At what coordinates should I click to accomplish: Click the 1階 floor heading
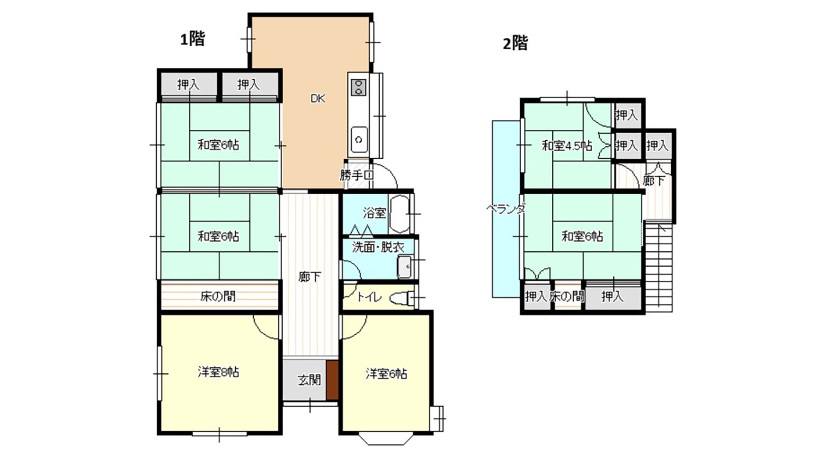tap(193, 39)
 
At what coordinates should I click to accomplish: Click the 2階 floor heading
tap(515, 44)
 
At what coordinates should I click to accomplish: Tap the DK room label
tap(318, 99)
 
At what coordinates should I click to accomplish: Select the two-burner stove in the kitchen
tap(358, 88)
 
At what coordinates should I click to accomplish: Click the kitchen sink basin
tap(359, 140)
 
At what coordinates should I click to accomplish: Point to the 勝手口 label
tap(357, 175)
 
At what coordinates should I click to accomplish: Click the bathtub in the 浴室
tap(399, 214)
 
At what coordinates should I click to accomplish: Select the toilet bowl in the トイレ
tap(402, 298)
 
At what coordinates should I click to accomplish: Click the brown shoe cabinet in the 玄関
tap(333, 380)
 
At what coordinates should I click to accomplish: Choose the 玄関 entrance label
tap(309, 380)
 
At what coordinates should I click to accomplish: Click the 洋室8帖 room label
tap(218, 373)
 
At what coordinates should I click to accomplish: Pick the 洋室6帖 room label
tap(386, 374)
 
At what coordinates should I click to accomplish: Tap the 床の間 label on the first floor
tap(218, 296)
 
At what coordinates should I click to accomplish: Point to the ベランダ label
tap(506, 209)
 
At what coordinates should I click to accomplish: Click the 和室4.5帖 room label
tap(567, 146)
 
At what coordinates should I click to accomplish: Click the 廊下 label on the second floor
tap(654, 181)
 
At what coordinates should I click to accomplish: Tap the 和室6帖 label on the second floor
tap(583, 236)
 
